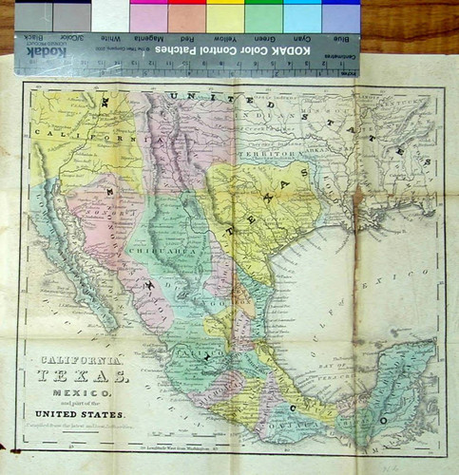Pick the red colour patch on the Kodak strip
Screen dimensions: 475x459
tap(186, 17)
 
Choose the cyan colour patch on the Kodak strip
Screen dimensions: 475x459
tap(302, 17)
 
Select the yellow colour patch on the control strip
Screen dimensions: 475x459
tap(225, 17)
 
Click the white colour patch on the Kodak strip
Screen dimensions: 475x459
tap(110, 17)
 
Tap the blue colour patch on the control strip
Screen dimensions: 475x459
tap(341, 17)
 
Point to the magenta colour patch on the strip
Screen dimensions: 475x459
tap(148, 17)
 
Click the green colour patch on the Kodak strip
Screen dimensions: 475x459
tap(263, 17)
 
